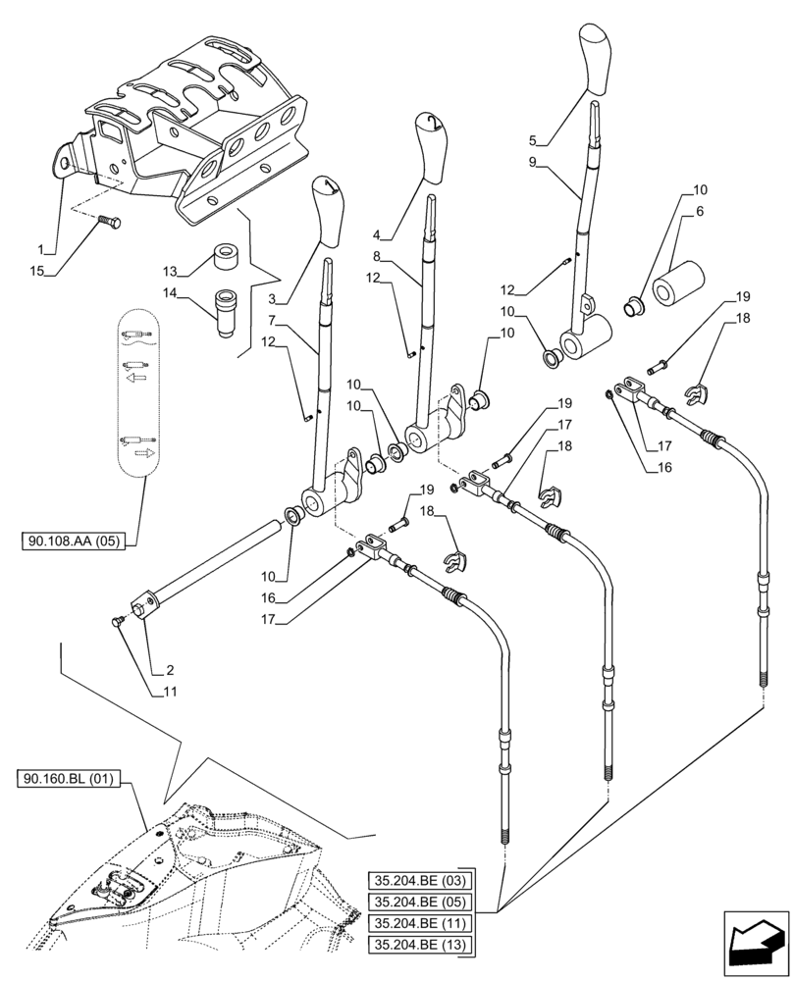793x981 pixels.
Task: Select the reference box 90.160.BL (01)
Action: [x=67, y=780]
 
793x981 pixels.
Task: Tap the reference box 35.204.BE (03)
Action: [x=421, y=879]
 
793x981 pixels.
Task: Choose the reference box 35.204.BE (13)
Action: [x=421, y=945]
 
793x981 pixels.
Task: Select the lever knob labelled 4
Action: [x=430, y=147]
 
